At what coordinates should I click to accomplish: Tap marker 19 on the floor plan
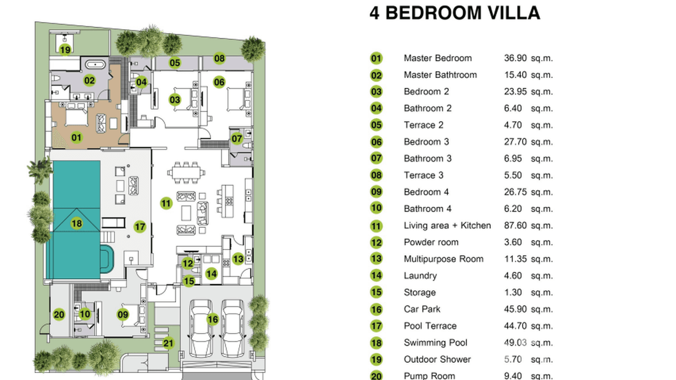coord(64,49)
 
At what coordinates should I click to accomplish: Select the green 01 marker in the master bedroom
coord(77,137)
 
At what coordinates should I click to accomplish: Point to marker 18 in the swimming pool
coord(77,223)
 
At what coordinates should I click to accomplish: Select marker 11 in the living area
coord(166,204)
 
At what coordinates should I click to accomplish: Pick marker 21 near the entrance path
coord(168,344)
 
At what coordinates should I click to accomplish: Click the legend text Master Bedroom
coord(437,58)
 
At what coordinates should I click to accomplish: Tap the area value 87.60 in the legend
coord(515,225)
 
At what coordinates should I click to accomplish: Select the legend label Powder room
coord(431,242)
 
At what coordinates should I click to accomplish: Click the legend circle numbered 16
coord(376,309)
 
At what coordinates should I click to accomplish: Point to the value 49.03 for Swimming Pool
coord(515,343)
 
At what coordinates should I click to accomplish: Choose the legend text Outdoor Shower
coord(437,359)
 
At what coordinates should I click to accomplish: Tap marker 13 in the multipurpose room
coord(238,259)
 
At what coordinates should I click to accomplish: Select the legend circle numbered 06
coord(376,142)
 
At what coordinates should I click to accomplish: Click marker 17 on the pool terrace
coord(140,227)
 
